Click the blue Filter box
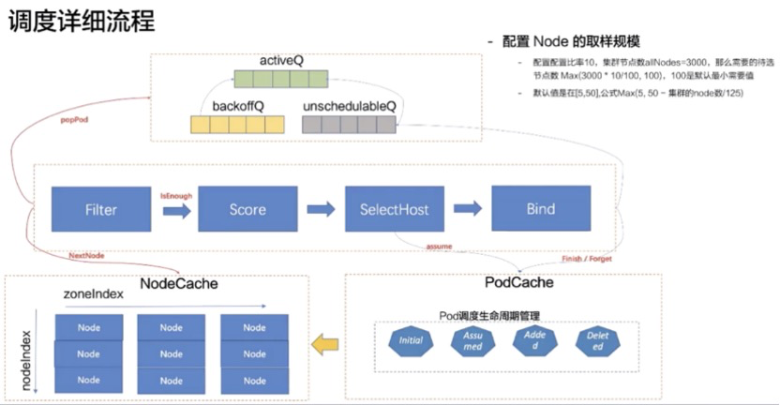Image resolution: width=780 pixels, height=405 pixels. click(x=100, y=210)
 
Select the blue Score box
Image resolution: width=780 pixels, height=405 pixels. click(x=247, y=210)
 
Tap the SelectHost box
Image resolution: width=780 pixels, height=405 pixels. click(x=394, y=210)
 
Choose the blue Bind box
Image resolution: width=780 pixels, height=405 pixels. click(x=541, y=210)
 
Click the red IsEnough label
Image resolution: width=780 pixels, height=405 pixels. click(x=176, y=196)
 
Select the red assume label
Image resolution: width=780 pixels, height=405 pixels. click(x=440, y=247)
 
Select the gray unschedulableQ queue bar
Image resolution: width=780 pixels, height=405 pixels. click(x=348, y=125)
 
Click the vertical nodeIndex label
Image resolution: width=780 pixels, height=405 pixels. click(x=26, y=360)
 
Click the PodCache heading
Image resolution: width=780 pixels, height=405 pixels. click(x=518, y=282)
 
